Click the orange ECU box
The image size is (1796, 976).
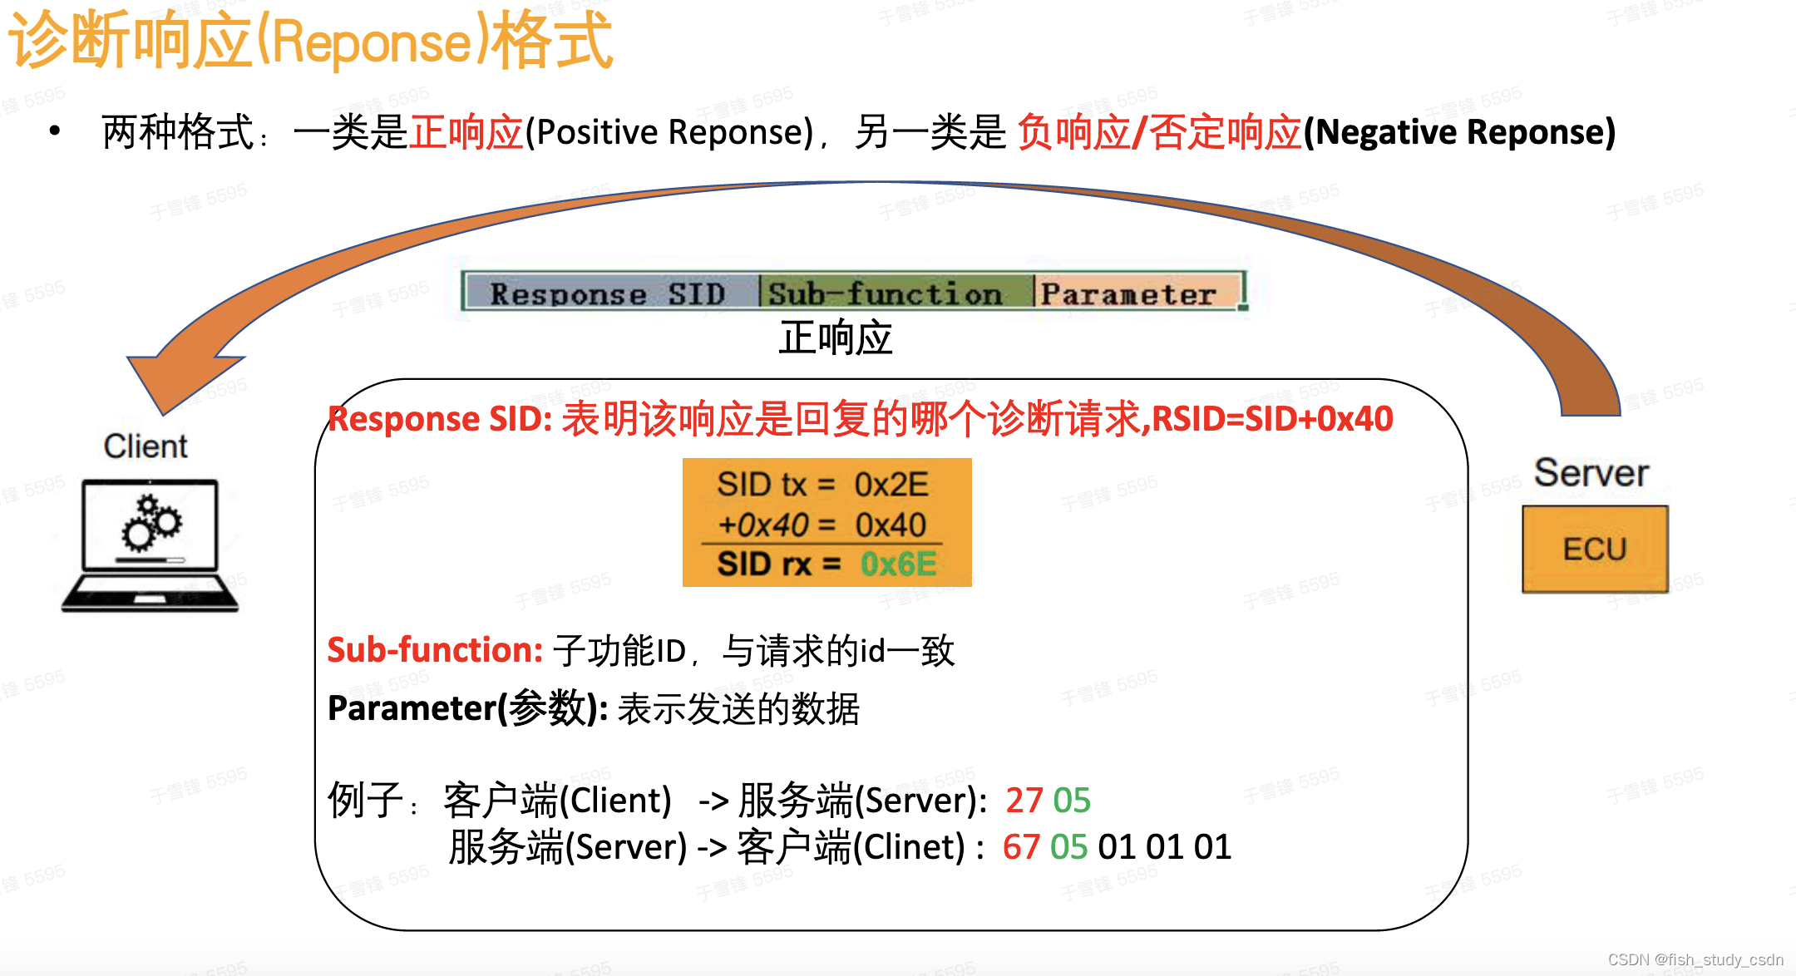(1594, 550)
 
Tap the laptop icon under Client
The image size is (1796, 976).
(150, 545)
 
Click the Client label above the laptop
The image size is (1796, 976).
(146, 446)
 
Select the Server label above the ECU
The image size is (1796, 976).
(1591, 472)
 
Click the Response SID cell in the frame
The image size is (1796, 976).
(609, 293)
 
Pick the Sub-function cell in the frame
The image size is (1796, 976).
(886, 293)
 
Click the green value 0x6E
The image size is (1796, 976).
(898, 564)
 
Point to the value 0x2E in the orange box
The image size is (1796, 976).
(891, 484)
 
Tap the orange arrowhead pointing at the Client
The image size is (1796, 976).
(179, 374)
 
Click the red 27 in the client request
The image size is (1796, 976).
(1024, 800)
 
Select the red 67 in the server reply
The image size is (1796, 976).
(1021, 847)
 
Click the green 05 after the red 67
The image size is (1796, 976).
(1068, 847)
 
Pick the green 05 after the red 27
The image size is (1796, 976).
(1072, 800)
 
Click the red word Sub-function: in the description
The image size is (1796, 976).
(435, 650)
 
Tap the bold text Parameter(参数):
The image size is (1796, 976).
(467, 708)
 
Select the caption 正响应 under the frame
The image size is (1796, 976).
(835, 338)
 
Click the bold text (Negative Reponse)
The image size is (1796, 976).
(1459, 132)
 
